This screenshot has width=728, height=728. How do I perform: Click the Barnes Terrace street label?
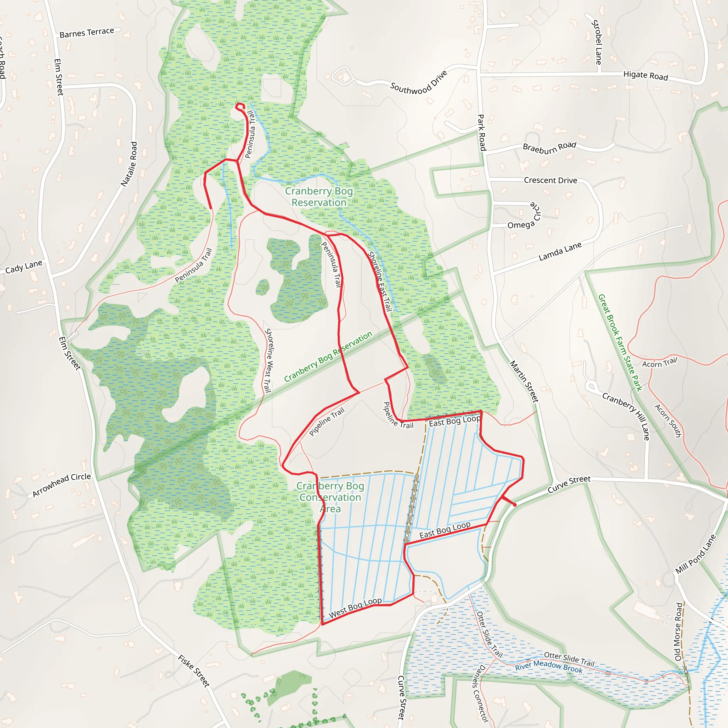tap(87, 32)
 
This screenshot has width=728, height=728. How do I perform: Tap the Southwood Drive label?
tap(418, 82)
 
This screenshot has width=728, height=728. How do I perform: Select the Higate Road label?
tap(646, 75)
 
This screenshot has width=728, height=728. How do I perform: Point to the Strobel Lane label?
tap(596, 42)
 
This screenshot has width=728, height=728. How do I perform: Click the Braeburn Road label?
tap(550, 147)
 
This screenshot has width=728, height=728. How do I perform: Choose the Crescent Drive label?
tap(550, 181)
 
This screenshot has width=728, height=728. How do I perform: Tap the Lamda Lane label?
tap(560, 251)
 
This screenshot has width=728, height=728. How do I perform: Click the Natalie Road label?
tap(129, 164)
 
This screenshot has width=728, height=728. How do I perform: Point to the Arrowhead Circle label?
tap(62, 485)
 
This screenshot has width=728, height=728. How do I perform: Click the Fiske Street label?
tap(194, 671)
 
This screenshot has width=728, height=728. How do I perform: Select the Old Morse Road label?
tap(679, 632)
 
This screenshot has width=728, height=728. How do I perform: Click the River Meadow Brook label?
tap(548, 667)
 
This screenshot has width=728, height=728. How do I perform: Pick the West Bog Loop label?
tap(355, 608)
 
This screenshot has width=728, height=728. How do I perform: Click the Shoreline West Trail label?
tap(268, 360)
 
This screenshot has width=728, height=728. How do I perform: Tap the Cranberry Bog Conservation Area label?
tap(330, 497)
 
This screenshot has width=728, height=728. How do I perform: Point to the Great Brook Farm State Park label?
tap(620, 343)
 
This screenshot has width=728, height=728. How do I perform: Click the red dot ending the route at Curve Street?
tap(515, 504)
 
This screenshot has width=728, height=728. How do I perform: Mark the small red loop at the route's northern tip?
tap(240, 106)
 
